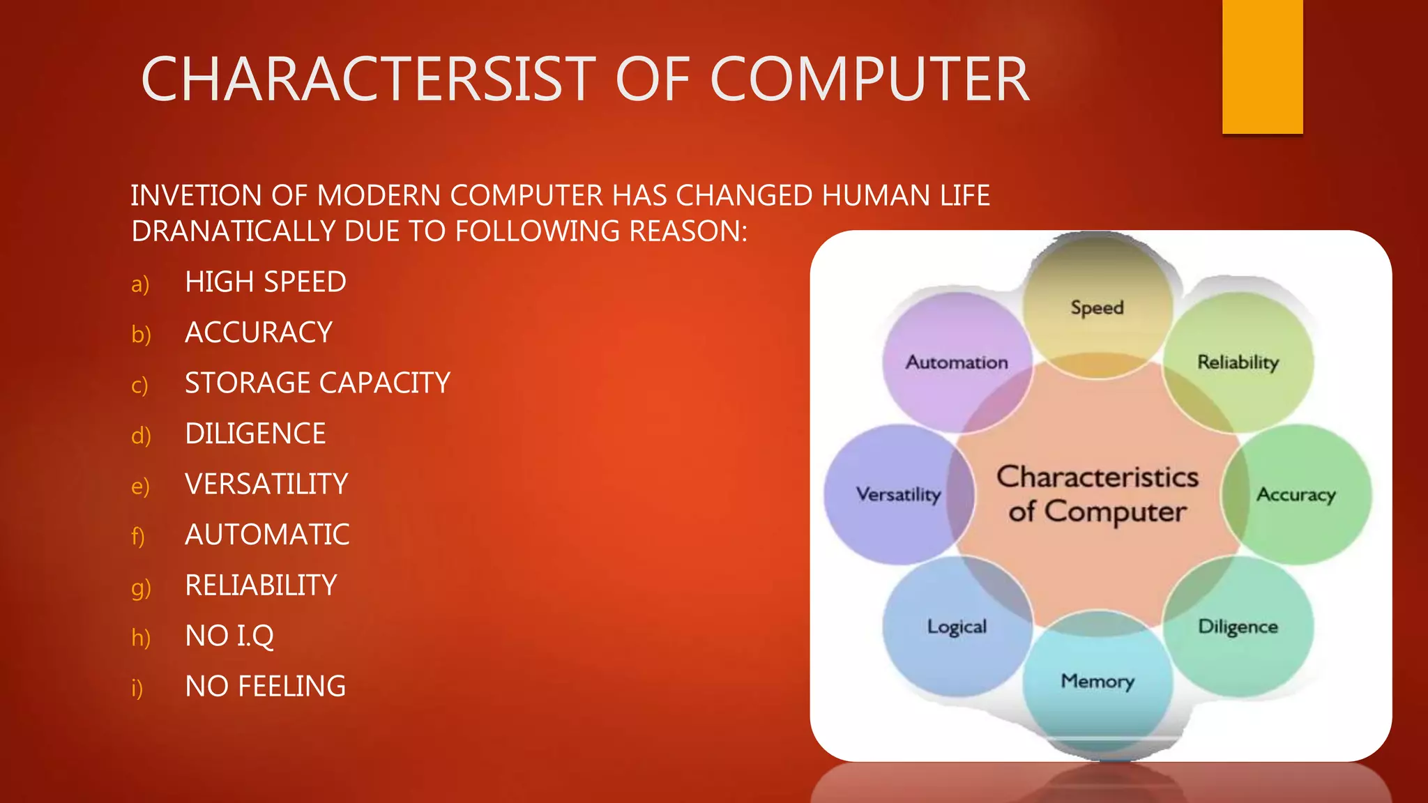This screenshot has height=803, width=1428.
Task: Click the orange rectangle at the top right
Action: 1262,66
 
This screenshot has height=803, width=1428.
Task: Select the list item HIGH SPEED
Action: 266,282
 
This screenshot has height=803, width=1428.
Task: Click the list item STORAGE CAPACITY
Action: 317,383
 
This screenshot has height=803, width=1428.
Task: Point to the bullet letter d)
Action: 141,435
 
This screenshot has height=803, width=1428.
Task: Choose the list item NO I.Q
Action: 229,636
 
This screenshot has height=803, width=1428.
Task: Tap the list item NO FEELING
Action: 266,687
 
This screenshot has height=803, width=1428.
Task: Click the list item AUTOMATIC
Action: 267,535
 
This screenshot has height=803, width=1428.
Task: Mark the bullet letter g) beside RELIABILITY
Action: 141,588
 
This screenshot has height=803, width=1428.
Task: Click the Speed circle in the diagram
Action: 1097,307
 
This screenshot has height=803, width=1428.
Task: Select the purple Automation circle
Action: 957,362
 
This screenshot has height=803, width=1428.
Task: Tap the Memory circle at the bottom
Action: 1097,680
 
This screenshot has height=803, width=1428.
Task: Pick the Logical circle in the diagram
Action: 957,626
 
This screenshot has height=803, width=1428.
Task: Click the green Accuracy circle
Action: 1296,494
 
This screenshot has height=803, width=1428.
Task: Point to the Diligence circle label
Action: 1238,626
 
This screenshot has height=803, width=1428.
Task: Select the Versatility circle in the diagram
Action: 898,494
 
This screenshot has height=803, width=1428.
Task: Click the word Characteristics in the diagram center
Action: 1097,477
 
